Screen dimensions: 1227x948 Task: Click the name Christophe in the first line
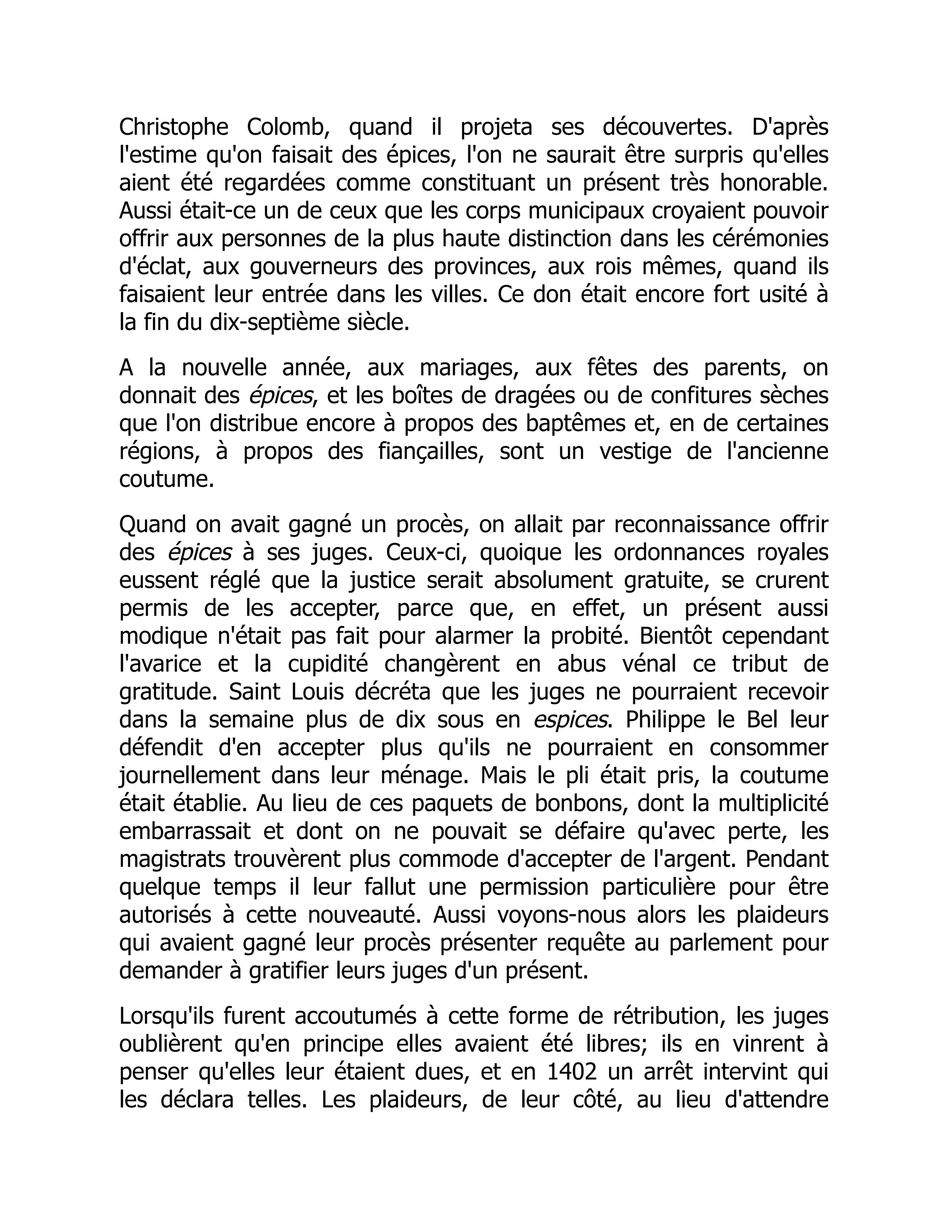pos(174,127)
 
